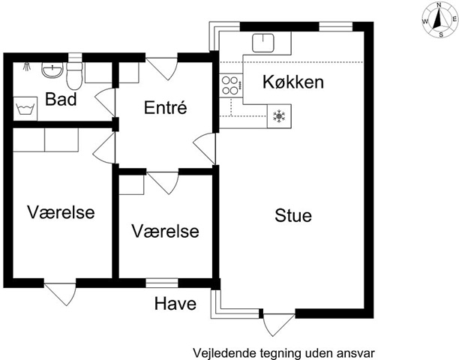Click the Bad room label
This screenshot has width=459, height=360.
[61, 99]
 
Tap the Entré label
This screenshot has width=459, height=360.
[166, 107]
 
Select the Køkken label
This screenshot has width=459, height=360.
[293, 82]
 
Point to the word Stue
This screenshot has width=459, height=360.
[293, 216]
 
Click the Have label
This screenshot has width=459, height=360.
[175, 304]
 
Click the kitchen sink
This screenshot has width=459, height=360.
[263, 43]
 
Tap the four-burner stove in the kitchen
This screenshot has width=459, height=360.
[231, 85]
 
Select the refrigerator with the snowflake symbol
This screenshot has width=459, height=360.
[279, 116]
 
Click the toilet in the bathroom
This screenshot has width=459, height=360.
[74, 76]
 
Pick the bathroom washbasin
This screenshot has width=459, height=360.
[52, 70]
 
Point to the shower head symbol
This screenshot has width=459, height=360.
[27, 67]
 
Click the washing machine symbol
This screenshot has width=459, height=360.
[25, 109]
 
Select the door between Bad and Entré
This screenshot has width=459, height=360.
[106, 101]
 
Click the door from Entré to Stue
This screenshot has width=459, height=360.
[205, 148]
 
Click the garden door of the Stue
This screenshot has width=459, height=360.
[279, 325]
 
